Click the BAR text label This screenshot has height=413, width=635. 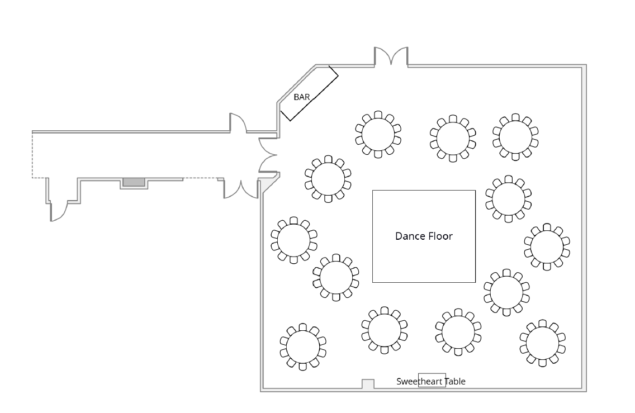[301, 97]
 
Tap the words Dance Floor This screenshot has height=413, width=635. [424, 236]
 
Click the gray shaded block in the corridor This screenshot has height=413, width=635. [134, 182]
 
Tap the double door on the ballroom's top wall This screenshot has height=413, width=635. [391, 57]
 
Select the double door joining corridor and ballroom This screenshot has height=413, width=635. [268, 154]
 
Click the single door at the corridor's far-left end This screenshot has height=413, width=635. [59, 211]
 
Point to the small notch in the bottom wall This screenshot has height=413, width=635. [368, 384]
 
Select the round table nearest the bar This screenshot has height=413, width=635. [378, 134]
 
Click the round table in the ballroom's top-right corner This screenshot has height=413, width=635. [515, 136]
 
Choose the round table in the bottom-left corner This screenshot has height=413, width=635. [302, 346]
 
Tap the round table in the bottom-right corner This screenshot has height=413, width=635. [542, 343]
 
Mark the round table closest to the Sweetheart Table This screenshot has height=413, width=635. [458, 333]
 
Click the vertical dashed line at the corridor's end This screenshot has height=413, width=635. [32, 155]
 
